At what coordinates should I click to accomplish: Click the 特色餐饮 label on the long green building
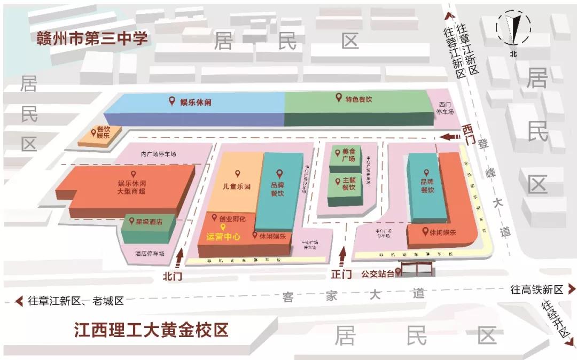[x=358, y=99]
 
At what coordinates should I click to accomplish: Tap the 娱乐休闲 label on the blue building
[x=195, y=101]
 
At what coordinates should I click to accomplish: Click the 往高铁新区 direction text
[x=537, y=289]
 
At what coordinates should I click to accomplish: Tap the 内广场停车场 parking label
[x=158, y=154]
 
